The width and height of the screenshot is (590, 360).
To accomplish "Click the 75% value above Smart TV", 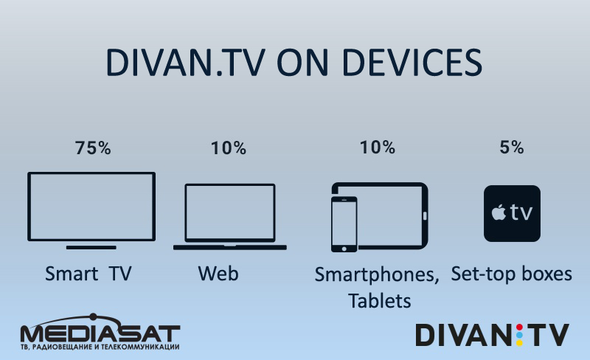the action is click(x=93, y=148).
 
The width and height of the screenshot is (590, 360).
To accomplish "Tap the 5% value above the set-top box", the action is click(x=512, y=148).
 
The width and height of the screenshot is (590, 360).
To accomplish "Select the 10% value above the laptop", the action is click(x=229, y=148).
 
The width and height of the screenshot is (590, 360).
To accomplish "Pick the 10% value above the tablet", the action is click(x=378, y=148).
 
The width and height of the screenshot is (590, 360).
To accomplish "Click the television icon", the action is click(x=91, y=173).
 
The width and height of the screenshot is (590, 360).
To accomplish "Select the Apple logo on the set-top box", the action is click(x=499, y=212).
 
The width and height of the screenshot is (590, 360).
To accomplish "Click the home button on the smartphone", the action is click(x=344, y=249).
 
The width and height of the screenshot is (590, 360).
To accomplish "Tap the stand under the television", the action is click(x=91, y=247).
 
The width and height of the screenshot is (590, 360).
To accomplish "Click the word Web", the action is click(x=218, y=274).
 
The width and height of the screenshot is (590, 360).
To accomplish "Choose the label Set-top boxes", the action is click(x=511, y=274).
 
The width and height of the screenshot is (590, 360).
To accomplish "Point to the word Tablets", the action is click(x=379, y=301).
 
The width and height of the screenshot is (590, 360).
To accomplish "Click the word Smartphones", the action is click(x=377, y=275).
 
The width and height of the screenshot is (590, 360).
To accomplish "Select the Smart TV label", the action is click(x=88, y=274).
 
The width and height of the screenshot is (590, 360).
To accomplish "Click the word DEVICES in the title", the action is click(x=412, y=62).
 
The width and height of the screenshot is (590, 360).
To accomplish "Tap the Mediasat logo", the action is click(x=100, y=332).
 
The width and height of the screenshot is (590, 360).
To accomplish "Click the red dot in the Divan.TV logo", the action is click(x=520, y=327).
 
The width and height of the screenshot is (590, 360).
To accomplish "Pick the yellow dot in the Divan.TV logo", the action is click(x=520, y=343).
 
